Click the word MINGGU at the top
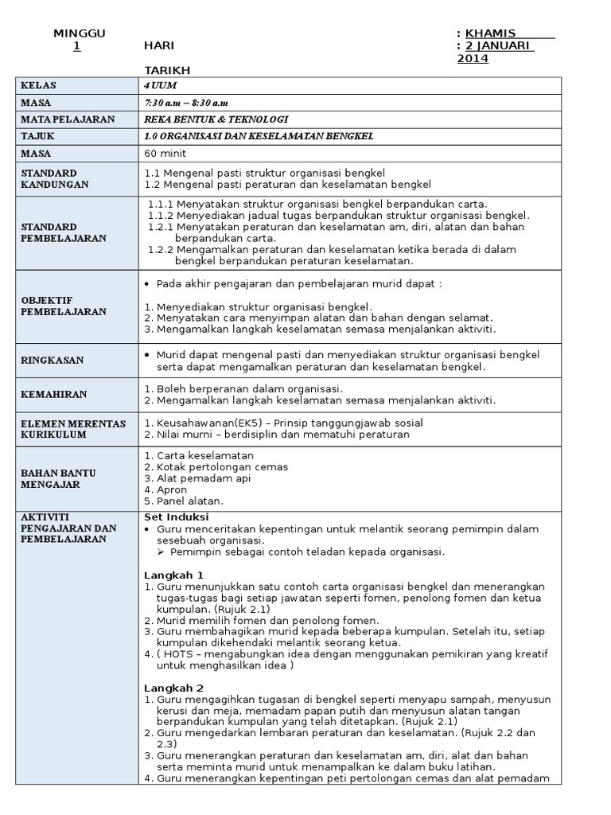pos(79,33)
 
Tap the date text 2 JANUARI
pos(499,45)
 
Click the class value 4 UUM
pos(157,85)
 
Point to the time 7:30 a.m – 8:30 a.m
pos(186,103)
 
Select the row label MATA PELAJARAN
pos(68,119)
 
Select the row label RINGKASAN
pos(52,361)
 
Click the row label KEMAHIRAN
pos(53,394)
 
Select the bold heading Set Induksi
pos(176,517)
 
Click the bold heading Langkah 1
pos(173,575)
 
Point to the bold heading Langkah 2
pos(173,688)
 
